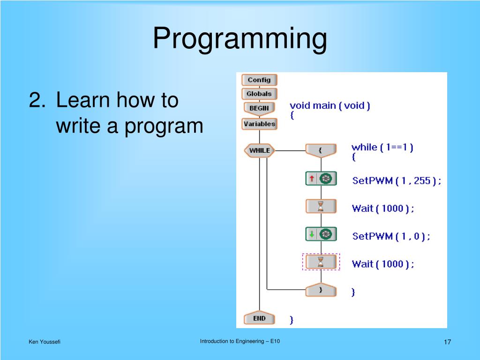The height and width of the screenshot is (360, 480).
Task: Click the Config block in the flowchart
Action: tap(259, 80)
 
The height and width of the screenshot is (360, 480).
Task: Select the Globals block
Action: tap(259, 94)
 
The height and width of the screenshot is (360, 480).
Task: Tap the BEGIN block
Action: tap(259, 108)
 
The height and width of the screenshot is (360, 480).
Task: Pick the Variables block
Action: tap(259, 124)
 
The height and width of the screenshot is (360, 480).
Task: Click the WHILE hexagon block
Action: tap(259, 150)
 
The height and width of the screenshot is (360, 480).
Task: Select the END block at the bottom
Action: tap(259, 319)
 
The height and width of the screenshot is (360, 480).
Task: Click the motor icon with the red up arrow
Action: tap(321, 179)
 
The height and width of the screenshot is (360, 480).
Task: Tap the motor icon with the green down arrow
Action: tap(321, 234)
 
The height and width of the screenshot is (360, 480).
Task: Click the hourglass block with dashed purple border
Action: tap(321, 262)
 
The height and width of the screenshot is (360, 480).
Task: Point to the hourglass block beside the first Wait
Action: tap(321, 206)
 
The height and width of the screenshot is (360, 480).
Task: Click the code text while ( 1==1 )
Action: tap(382, 147)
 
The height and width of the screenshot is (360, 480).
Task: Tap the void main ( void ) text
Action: tap(330, 105)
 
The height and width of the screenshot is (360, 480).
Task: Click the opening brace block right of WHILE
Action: tap(321, 150)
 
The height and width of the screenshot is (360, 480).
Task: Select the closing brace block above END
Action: tap(321, 290)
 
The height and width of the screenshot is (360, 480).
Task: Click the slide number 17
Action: tap(447, 342)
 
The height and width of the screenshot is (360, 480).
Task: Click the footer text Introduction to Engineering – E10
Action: tap(240, 341)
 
